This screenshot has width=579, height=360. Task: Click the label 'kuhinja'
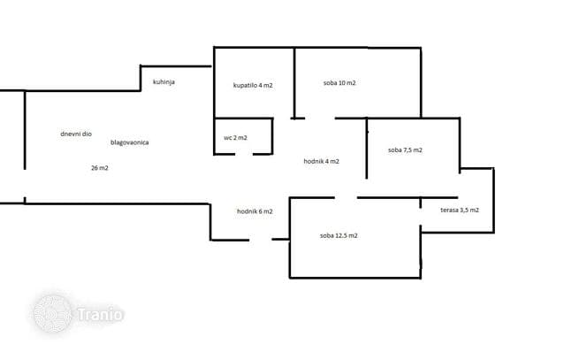click(x=164, y=81)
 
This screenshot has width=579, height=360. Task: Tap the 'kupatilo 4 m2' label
click(x=253, y=85)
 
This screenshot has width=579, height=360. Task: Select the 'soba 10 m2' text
click(x=339, y=83)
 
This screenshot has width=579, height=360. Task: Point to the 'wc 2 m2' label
click(x=235, y=137)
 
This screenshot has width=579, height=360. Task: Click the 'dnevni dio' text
click(x=76, y=134)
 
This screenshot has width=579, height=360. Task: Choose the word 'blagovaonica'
click(x=130, y=142)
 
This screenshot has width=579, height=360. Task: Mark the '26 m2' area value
click(x=100, y=168)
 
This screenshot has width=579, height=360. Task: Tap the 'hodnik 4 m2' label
click(x=321, y=161)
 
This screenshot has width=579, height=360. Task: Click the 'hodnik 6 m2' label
click(x=255, y=211)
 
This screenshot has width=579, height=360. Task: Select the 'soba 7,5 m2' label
click(x=405, y=150)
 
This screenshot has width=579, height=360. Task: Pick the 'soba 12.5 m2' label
click(x=339, y=235)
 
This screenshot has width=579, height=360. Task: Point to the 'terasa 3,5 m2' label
click(x=460, y=210)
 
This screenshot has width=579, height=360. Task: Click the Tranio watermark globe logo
click(x=52, y=314)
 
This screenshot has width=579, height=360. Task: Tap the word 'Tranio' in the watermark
click(x=100, y=315)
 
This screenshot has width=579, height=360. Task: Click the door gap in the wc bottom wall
click(x=244, y=154)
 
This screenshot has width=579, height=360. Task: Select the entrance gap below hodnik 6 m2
click(x=261, y=240)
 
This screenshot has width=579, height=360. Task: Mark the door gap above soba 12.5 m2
click(x=346, y=198)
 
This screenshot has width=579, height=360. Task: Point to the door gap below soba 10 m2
click(x=320, y=119)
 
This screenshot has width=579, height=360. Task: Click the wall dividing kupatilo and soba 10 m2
click(x=294, y=83)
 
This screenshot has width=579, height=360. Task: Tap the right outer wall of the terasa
click(x=494, y=200)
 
